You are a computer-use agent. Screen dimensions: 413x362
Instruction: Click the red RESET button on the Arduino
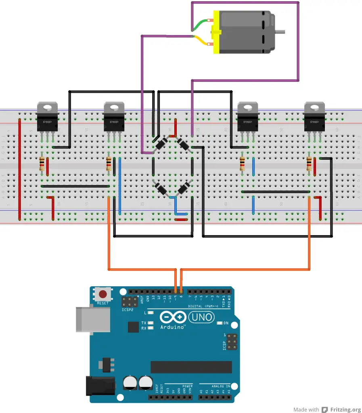(103, 294)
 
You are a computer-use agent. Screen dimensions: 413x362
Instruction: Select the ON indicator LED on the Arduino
(220, 323)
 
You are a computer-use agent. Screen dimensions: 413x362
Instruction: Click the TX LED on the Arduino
(151, 323)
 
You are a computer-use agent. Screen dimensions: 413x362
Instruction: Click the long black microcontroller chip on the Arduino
(191, 367)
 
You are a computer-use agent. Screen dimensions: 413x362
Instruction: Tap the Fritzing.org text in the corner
(345, 409)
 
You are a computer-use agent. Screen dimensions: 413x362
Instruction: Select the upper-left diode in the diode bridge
(161, 143)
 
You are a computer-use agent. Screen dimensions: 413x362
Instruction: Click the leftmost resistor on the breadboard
(42, 164)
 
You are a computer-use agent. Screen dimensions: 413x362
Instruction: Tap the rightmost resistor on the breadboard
(309, 164)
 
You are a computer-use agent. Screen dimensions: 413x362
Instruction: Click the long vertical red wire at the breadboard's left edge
(19, 169)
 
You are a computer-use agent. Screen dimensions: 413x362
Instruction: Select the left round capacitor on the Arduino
(130, 383)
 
